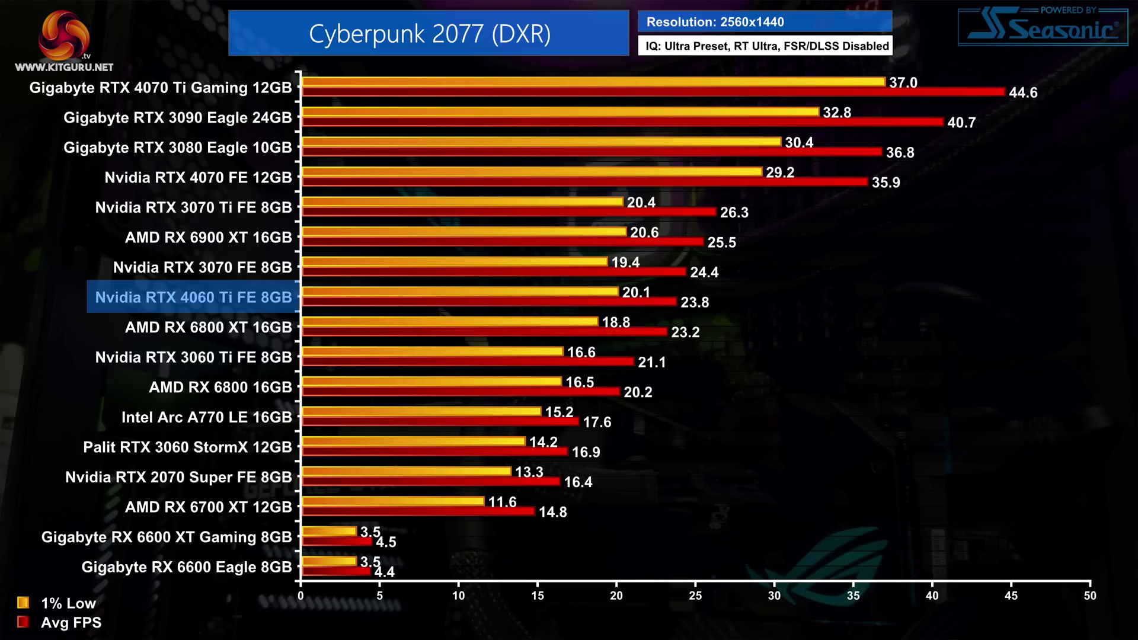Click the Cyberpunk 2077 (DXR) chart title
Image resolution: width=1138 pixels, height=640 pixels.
[x=429, y=34]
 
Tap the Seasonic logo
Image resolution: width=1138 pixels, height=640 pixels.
[x=1043, y=27]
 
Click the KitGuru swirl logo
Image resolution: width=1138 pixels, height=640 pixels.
[x=63, y=34]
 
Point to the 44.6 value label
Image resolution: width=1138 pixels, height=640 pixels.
[x=1023, y=92]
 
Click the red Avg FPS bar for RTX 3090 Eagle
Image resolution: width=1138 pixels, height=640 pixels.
[x=622, y=122]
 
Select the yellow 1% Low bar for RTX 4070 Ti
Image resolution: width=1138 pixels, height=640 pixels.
[x=593, y=82]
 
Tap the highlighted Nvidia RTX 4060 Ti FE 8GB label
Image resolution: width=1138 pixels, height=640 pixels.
[x=193, y=297]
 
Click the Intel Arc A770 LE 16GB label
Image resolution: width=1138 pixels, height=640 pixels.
[x=206, y=417]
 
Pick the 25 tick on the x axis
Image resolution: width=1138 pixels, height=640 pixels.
[x=695, y=596]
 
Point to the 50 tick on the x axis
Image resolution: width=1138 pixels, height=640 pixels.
[x=1090, y=596]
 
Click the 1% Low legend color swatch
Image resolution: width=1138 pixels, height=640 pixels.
[x=23, y=603]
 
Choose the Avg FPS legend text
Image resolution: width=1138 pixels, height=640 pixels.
[x=71, y=622]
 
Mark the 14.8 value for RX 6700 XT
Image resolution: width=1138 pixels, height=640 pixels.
[x=552, y=512]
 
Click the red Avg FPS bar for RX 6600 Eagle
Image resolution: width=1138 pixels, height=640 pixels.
[x=336, y=571]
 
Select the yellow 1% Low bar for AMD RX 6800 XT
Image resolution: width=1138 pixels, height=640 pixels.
[x=450, y=321]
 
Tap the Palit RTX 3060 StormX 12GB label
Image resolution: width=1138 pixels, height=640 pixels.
[x=187, y=447]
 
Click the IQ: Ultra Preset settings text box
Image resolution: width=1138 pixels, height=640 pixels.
[x=765, y=46]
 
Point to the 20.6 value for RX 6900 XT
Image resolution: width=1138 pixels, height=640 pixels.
[x=644, y=232]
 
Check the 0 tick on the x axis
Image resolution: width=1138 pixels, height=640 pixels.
[x=301, y=596]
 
